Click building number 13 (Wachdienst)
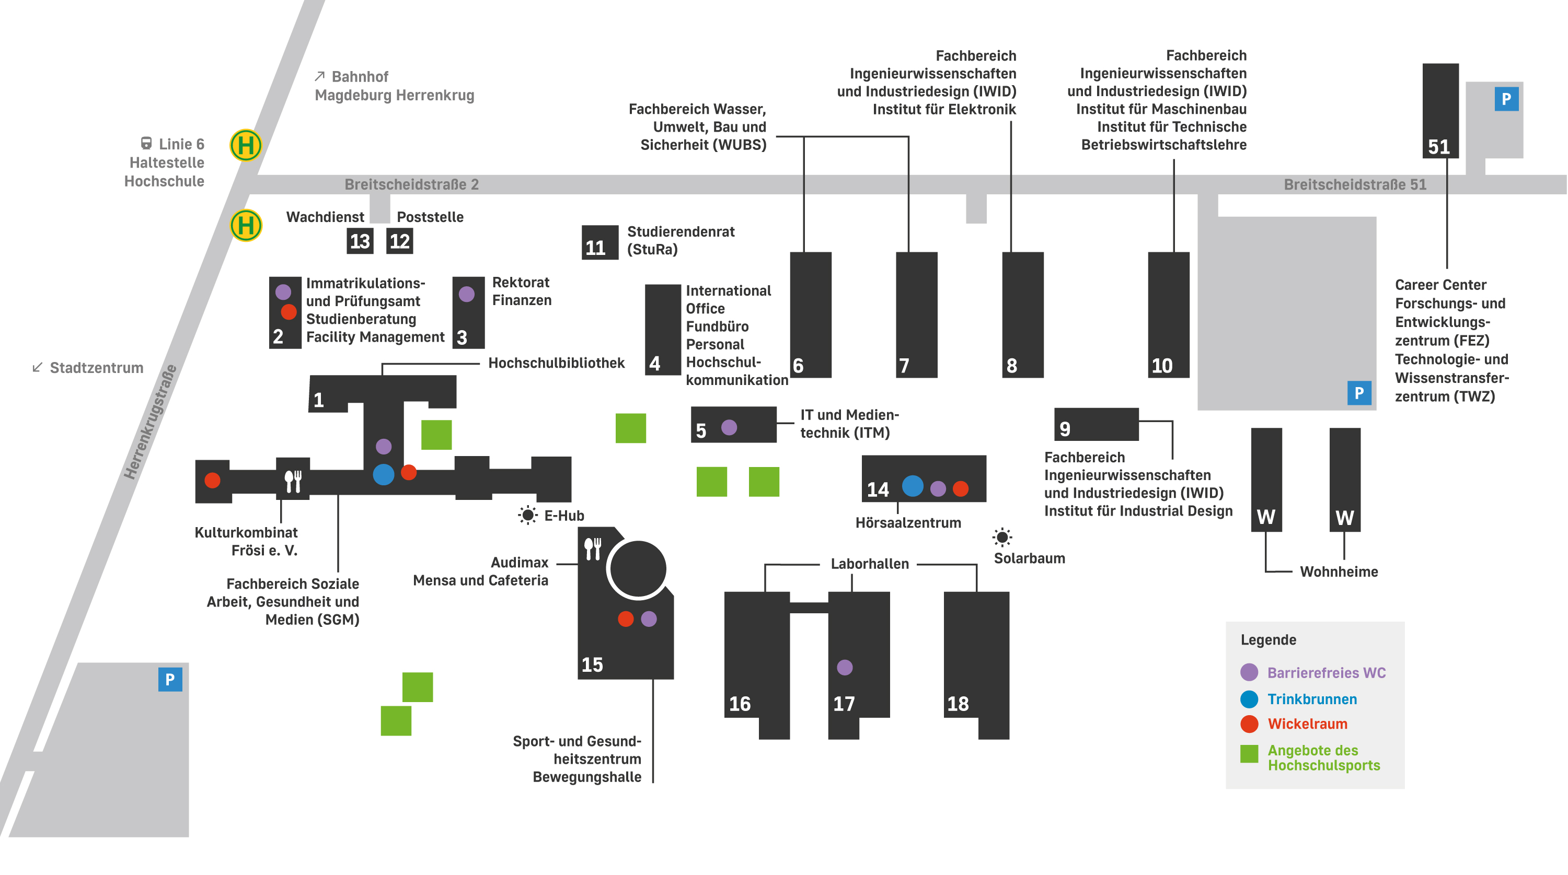[360, 241]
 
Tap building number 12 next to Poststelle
[399, 241]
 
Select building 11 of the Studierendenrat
[599, 242]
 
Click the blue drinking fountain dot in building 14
[913, 486]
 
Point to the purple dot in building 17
[844, 668]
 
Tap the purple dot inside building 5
[729, 427]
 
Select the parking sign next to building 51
[1506, 99]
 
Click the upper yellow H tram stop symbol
[246, 145]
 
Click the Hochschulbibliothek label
[556, 363]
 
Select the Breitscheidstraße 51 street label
[1355, 184]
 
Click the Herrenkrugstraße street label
[149, 422]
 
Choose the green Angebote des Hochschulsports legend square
[1249, 754]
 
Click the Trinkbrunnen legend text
[1312, 699]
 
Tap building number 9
[1064, 429]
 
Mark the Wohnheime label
[1339, 572]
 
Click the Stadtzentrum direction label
[96, 368]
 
